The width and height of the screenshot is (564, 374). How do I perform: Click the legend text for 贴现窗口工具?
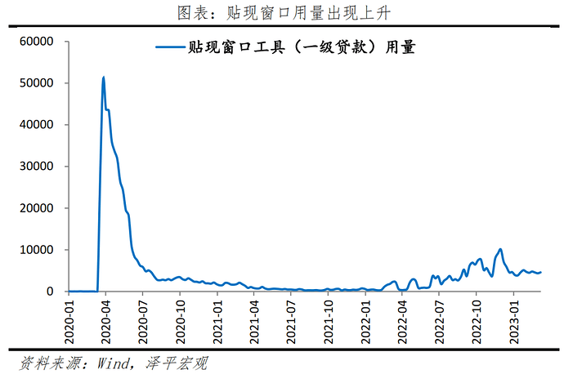[x=302, y=48]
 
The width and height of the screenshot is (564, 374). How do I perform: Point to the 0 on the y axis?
[x=51, y=292]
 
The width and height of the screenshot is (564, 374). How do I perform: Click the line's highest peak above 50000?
[x=103, y=78]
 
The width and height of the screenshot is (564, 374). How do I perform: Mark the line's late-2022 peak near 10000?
[x=500, y=249]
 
